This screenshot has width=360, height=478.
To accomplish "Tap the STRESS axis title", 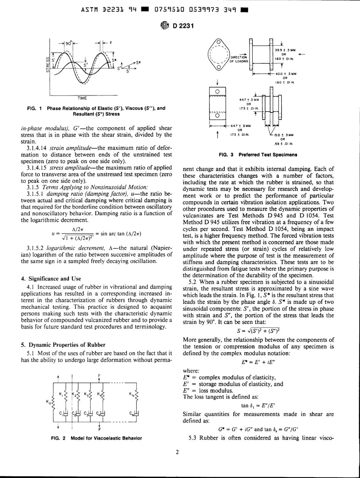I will tap(47, 63).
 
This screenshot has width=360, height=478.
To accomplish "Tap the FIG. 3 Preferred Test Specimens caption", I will tap(252, 155).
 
